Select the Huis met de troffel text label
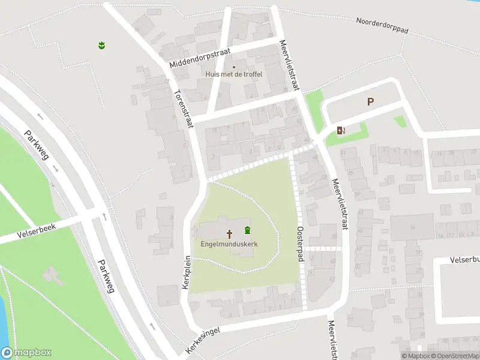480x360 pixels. (x=234, y=74)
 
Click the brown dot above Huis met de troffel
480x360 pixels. (x=234, y=67)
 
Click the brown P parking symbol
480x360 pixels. (x=371, y=102)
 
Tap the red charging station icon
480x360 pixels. (x=341, y=130)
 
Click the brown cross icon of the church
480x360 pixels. (x=229, y=233)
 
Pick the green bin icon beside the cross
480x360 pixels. (x=247, y=230)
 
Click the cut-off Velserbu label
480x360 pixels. (x=464, y=260)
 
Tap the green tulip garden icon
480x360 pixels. (x=102, y=44)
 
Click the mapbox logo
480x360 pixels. (x=26, y=353)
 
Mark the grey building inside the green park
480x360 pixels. (x=53, y=276)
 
